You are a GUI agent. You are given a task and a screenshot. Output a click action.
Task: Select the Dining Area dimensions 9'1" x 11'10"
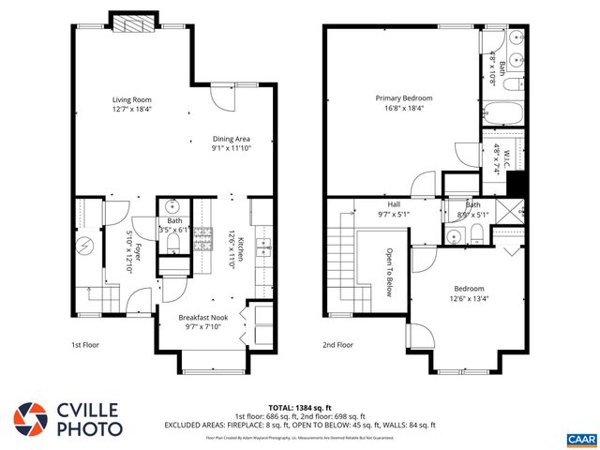tap(231, 147)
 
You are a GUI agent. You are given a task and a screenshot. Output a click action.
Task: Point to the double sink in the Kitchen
tap(263, 248)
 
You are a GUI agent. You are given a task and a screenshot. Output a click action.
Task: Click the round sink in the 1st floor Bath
tap(173, 206)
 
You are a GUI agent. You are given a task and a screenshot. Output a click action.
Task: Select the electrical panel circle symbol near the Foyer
tap(83, 246)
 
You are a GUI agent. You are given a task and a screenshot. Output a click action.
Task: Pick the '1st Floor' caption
tap(85, 345)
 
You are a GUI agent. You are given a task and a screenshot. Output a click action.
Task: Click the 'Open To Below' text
tap(389, 272)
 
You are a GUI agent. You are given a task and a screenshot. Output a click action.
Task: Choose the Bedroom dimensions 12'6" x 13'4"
tap(470, 299)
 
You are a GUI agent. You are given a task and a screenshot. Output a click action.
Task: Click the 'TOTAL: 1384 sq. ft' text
tap(299, 405)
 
